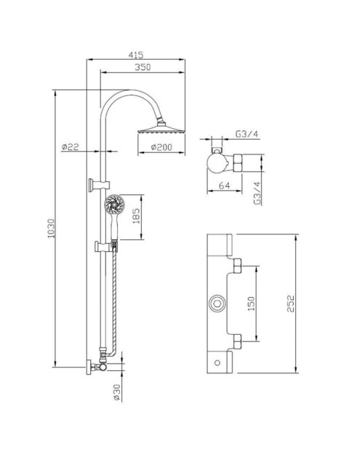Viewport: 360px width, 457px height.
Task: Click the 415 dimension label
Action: (136, 55)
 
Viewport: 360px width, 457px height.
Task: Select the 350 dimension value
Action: (143, 67)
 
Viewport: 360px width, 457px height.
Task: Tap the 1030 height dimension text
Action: (51, 228)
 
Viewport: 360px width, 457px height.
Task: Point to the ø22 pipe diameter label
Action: (71, 146)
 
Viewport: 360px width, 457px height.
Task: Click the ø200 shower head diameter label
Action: (161, 147)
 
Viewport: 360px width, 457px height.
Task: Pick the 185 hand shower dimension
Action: (136, 216)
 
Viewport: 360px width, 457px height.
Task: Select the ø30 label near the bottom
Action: (116, 392)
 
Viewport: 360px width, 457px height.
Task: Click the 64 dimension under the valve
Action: (224, 186)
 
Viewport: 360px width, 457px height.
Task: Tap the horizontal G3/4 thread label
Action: (247, 134)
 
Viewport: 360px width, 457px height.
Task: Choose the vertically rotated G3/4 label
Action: (257, 193)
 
